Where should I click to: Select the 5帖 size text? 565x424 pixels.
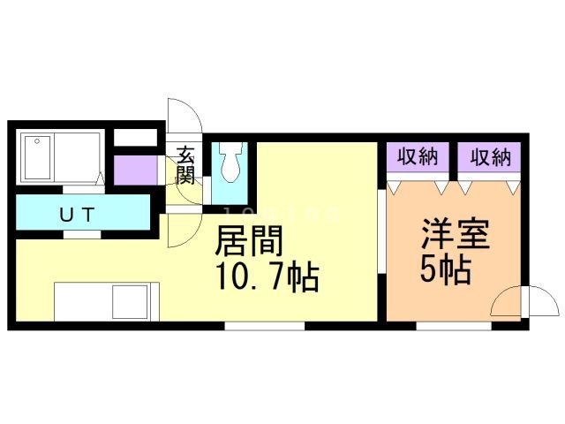pyautogui.click(x=446, y=269)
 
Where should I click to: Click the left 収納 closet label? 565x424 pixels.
pyautogui.click(x=418, y=158)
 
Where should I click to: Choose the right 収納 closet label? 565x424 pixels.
pyautogui.click(x=491, y=158)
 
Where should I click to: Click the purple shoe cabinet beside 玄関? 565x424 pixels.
pyautogui.click(x=132, y=170)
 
